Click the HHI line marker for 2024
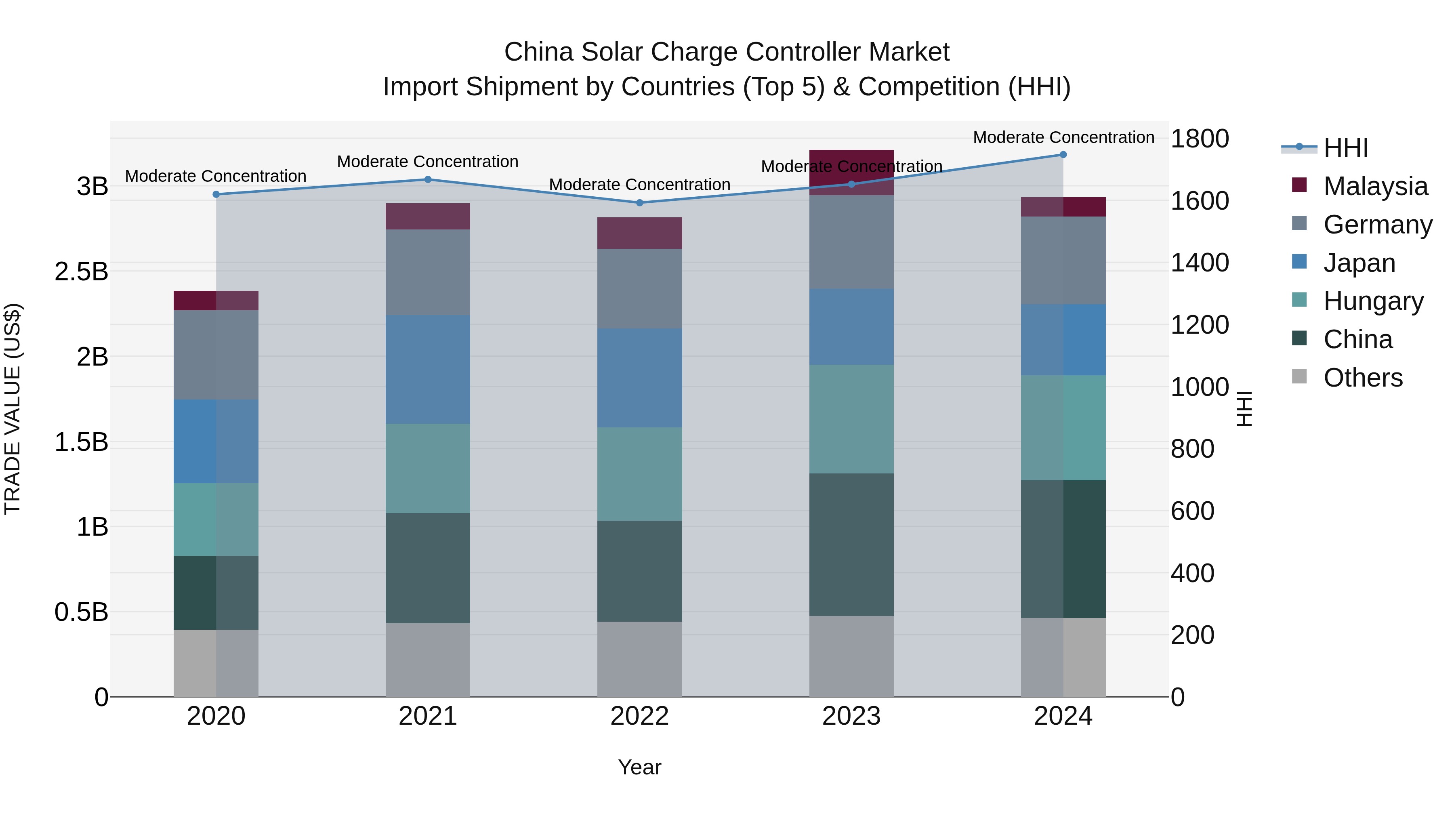1063,155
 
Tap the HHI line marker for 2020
216,194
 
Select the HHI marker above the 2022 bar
639,203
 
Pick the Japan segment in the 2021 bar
427,369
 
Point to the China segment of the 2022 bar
639,571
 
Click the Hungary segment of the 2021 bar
427,468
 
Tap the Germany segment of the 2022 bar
639,288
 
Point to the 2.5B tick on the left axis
81,271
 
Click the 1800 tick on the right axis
1200,139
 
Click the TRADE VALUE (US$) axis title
13,409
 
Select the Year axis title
639,767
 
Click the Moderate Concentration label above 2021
427,162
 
